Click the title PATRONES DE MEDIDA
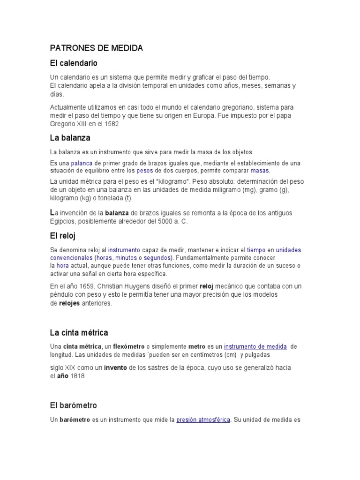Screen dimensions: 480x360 coord(97,48)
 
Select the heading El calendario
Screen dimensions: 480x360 coord(74,63)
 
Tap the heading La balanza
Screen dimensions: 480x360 coord(70,138)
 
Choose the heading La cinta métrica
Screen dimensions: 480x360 coord(79,333)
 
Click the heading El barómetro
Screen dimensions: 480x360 coord(74,405)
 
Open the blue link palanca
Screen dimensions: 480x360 coord(81,163)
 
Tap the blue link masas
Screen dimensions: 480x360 coord(260,170)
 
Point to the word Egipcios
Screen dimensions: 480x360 coord(63,221)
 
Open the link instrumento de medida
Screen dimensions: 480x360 coord(255,346)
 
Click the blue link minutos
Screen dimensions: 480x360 coord(126,258)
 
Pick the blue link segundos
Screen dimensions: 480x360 coord(157,258)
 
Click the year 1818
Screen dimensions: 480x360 coord(77,376)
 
